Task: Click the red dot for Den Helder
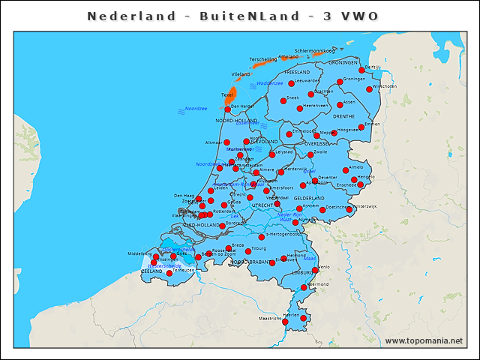pyautogui.click(x=227, y=109)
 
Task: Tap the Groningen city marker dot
pyautogui.click(x=340, y=82)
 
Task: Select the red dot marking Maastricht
pyautogui.click(x=285, y=322)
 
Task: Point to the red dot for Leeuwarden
pyautogui.click(x=291, y=83)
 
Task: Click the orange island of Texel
pyautogui.click(x=231, y=96)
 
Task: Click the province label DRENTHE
pyautogui.click(x=343, y=117)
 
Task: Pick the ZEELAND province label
pyautogui.click(x=151, y=271)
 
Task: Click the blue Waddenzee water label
pyautogui.click(x=268, y=83)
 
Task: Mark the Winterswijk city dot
pyautogui.click(x=349, y=209)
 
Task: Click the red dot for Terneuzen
pyautogui.click(x=169, y=273)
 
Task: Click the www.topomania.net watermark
pyautogui.click(x=424, y=341)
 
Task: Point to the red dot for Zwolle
pyautogui.click(x=310, y=155)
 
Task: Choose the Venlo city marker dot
pyautogui.click(x=315, y=270)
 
